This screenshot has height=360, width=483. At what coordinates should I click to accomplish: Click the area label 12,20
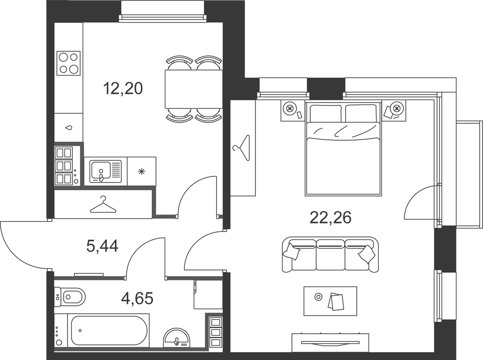123,89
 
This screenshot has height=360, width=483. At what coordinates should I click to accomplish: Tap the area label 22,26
330,217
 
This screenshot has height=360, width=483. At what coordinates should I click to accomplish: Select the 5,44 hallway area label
102,246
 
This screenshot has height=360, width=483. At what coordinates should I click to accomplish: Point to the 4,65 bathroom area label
137,298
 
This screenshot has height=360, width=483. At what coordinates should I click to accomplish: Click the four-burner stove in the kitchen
68,63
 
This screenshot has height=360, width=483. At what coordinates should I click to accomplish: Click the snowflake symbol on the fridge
142,172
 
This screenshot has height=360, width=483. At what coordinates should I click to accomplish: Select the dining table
194,89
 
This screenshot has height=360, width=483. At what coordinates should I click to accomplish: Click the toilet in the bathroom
70,297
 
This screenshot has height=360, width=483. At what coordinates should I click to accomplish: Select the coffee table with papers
330,301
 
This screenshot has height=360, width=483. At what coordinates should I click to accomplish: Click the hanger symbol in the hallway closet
103,205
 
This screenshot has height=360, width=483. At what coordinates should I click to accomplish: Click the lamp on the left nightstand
289,108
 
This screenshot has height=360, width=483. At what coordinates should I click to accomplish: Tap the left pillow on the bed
326,113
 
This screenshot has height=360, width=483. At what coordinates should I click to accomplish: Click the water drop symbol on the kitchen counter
69,128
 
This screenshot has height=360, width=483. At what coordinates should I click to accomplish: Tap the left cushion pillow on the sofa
291,252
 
